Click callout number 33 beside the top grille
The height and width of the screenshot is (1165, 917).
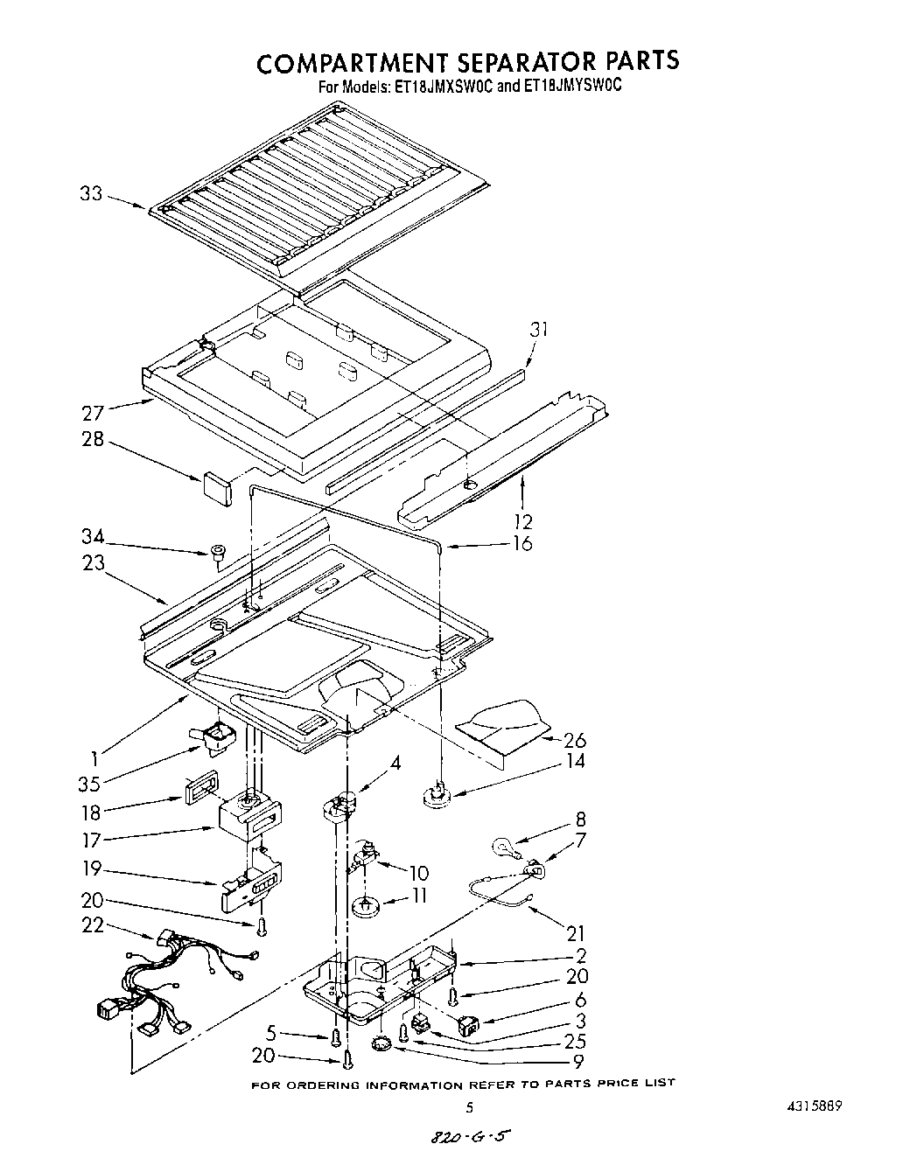(90, 194)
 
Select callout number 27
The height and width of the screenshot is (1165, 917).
(94, 413)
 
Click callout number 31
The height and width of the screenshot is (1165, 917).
(539, 330)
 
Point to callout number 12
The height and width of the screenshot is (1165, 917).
(522, 522)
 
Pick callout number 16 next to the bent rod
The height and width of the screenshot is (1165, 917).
(522, 544)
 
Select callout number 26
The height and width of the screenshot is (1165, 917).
(575, 740)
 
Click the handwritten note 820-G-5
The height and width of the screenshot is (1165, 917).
(468, 1139)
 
